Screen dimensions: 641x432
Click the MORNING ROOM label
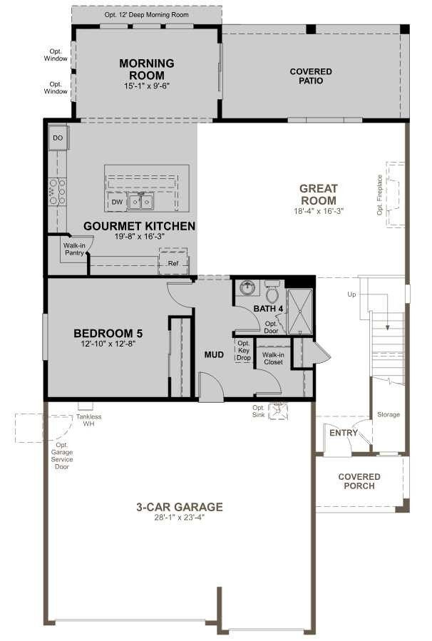[x=147, y=69]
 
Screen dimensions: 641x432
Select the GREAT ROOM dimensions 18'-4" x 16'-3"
[x=318, y=211]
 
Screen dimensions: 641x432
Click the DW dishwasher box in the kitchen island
[x=117, y=202]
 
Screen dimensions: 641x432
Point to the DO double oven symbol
[x=58, y=138]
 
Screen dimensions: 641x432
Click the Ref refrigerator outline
[x=173, y=262]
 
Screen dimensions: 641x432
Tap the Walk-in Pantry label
[x=74, y=249]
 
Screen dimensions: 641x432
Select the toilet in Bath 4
[x=272, y=293]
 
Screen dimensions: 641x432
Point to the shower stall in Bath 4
[x=299, y=311]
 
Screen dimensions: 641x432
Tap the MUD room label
[x=215, y=354]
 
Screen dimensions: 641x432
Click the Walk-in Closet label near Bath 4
[x=272, y=358]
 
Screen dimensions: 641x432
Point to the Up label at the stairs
[x=351, y=294]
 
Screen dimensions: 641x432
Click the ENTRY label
[x=343, y=433]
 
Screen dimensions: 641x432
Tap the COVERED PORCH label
[x=359, y=481]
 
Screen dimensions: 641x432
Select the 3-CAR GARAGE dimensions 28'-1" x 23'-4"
[x=180, y=518]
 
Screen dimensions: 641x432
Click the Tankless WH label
[x=89, y=420]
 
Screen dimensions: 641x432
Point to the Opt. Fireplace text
[x=380, y=195]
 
